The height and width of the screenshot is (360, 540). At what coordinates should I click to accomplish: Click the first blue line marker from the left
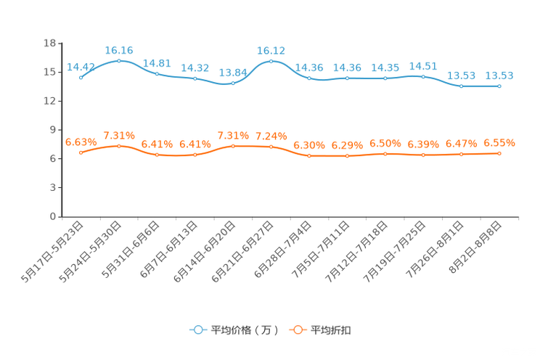click(81, 76)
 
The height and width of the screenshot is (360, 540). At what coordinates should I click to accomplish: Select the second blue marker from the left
click(119, 60)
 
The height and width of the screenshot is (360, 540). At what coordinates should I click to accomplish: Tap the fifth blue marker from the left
click(233, 82)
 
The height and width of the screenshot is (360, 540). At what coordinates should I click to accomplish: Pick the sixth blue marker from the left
click(271, 61)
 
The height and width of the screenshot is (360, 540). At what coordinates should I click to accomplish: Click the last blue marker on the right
click(499, 86)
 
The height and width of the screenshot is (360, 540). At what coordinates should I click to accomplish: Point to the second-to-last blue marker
click(461, 86)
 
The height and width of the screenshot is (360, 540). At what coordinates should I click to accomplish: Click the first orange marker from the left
click(81, 152)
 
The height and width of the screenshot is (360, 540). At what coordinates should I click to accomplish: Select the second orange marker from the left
click(119, 146)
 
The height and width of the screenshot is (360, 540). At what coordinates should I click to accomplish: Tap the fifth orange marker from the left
click(233, 146)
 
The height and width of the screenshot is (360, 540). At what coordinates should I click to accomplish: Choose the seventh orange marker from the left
click(309, 156)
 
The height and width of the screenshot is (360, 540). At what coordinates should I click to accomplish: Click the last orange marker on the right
click(499, 153)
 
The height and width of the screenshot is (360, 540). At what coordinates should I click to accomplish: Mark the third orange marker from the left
click(157, 155)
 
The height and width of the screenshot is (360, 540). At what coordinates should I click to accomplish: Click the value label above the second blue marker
click(119, 50)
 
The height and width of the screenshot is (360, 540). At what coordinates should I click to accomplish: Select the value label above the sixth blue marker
click(271, 51)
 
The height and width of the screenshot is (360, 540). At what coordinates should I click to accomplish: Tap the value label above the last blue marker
click(499, 75)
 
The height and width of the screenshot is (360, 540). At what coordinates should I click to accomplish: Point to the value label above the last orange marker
click(499, 143)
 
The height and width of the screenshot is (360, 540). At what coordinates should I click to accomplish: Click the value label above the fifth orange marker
click(233, 136)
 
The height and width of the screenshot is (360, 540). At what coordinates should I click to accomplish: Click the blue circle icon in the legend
click(197, 330)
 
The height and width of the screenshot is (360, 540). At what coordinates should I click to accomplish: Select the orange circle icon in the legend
click(297, 330)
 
